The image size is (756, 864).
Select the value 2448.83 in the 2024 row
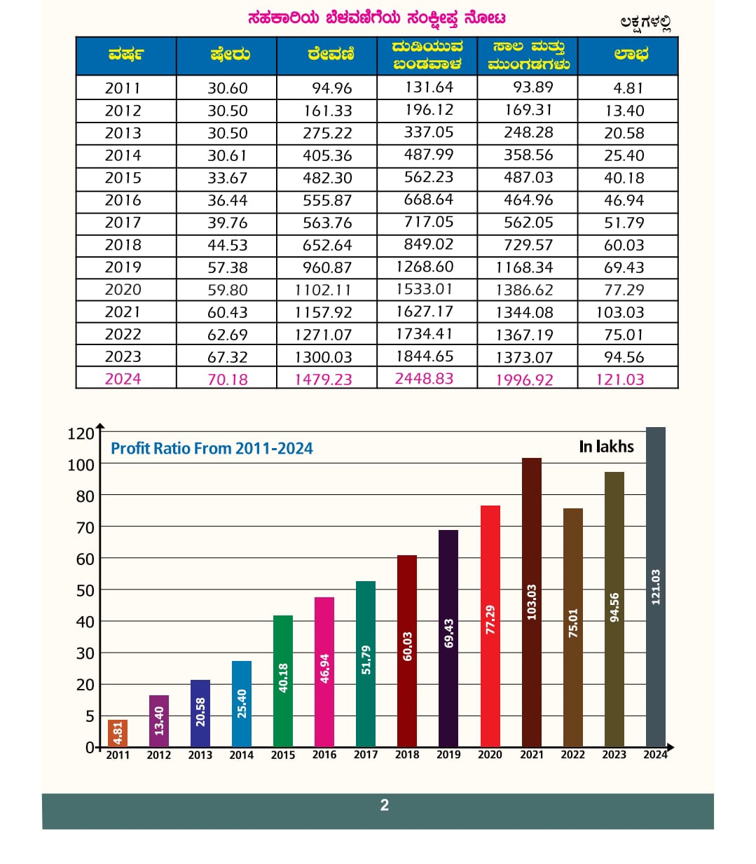click(x=424, y=379)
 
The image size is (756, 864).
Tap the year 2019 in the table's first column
click(x=123, y=267)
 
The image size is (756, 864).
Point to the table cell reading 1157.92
click(x=323, y=312)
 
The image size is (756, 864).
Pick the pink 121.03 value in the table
click(x=619, y=379)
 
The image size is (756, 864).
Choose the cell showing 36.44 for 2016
click(x=227, y=200)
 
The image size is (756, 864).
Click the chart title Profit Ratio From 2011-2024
click(x=212, y=449)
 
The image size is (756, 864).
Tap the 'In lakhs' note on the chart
click(x=606, y=447)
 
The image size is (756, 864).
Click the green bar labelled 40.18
click(x=283, y=681)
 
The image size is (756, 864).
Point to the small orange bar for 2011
click(x=118, y=733)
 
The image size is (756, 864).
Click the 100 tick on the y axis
click(x=81, y=465)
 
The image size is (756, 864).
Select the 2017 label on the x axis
click(x=366, y=755)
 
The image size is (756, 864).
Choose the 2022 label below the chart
click(x=572, y=755)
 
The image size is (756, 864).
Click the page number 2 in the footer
click(x=384, y=805)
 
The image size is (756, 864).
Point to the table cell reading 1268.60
click(x=425, y=267)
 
